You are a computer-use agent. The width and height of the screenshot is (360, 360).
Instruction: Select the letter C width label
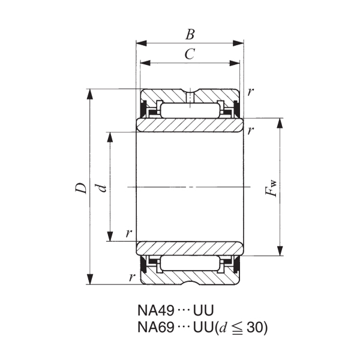(190, 55)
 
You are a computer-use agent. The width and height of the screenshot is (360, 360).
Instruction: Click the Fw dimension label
(272, 187)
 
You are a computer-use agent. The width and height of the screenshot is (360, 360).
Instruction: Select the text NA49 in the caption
(156, 311)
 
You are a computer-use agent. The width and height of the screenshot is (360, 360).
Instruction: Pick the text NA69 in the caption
(156, 328)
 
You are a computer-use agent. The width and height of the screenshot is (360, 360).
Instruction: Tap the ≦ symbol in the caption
(238, 328)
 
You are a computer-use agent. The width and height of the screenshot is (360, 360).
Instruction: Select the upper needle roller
(190, 110)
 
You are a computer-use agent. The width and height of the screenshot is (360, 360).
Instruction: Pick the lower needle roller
(190, 263)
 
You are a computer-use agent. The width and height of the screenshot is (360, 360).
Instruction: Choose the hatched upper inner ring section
(190, 125)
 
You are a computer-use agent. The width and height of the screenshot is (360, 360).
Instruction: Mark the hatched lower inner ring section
(190, 248)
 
